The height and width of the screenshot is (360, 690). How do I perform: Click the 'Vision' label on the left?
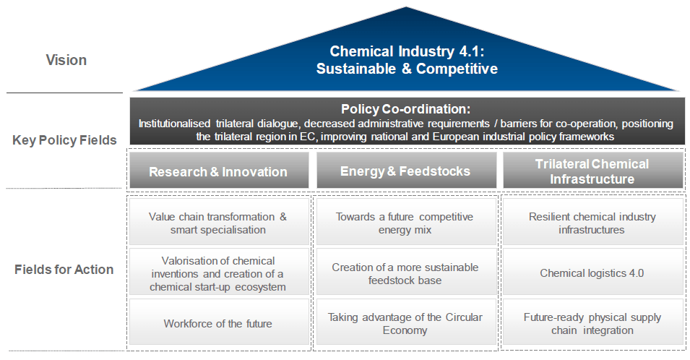click(x=66, y=60)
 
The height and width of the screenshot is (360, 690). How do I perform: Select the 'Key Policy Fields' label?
click(x=64, y=140)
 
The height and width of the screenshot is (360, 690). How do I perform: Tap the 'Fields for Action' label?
click(x=64, y=270)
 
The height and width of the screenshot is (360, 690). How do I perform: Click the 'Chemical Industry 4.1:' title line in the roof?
click(x=407, y=51)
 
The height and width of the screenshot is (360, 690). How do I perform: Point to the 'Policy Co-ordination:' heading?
click(x=406, y=108)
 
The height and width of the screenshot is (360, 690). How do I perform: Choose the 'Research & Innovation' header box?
click(x=219, y=171)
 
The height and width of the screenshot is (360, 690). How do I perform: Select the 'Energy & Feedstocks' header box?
click(x=406, y=171)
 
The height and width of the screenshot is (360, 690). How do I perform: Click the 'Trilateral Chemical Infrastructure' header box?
click(x=592, y=171)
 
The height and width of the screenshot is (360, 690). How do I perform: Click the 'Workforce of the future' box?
click(x=219, y=322)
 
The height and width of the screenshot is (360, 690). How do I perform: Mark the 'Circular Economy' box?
click(x=406, y=322)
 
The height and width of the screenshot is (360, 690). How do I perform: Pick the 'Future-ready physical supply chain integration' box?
click(x=592, y=322)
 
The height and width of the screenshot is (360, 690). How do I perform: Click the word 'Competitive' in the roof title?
click(x=457, y=69)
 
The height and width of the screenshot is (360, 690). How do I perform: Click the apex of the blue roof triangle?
click(x=406, y=7)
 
